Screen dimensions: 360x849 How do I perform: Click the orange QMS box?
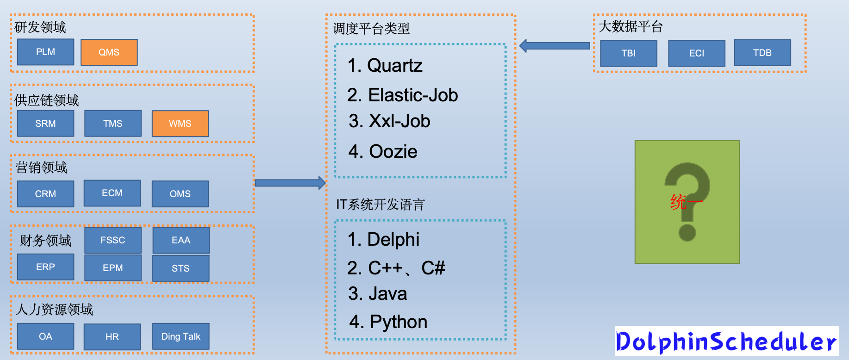tap(109, 52)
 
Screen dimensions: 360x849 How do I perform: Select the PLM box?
tap(45, 52)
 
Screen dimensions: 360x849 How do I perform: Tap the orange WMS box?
tap(180, 124)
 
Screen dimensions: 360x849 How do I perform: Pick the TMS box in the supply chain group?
tap(112, 124)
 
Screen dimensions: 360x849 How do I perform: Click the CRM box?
tap(45, 194)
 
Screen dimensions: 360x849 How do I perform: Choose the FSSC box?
tap(112, 240)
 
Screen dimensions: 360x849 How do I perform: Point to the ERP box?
tap(45, 267)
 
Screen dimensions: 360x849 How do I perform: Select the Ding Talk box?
tap(181, 336)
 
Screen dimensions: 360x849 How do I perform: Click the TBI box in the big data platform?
tap(628, 53)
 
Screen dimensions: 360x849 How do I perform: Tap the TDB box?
tap(762, 53)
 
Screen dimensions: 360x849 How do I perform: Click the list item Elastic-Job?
tap(402, 95)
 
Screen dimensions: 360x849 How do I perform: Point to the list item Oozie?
tap(383, 152)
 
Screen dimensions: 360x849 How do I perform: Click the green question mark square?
tap(687, 202)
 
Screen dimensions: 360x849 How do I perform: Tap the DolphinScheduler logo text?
tap(726, 341)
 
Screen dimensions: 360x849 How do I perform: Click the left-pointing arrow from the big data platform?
tap(555, 46)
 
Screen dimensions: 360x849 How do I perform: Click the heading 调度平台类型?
tap(371, 29)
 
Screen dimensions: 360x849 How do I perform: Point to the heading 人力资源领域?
tap(54, 310)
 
